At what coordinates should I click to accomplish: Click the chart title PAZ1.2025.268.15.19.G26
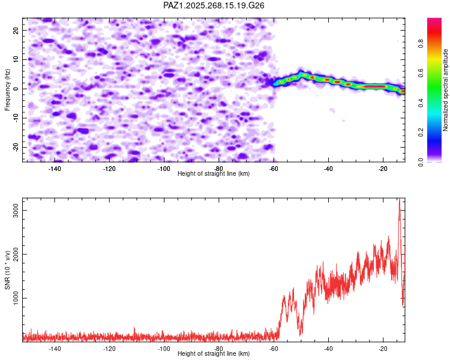214,5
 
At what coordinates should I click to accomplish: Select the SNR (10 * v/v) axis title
7,270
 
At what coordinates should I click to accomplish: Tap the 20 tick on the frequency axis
16,30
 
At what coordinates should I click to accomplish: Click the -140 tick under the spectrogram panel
55,168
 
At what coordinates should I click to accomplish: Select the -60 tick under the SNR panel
274,348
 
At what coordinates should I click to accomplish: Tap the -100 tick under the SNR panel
164,348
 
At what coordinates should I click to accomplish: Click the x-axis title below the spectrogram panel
214,174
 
